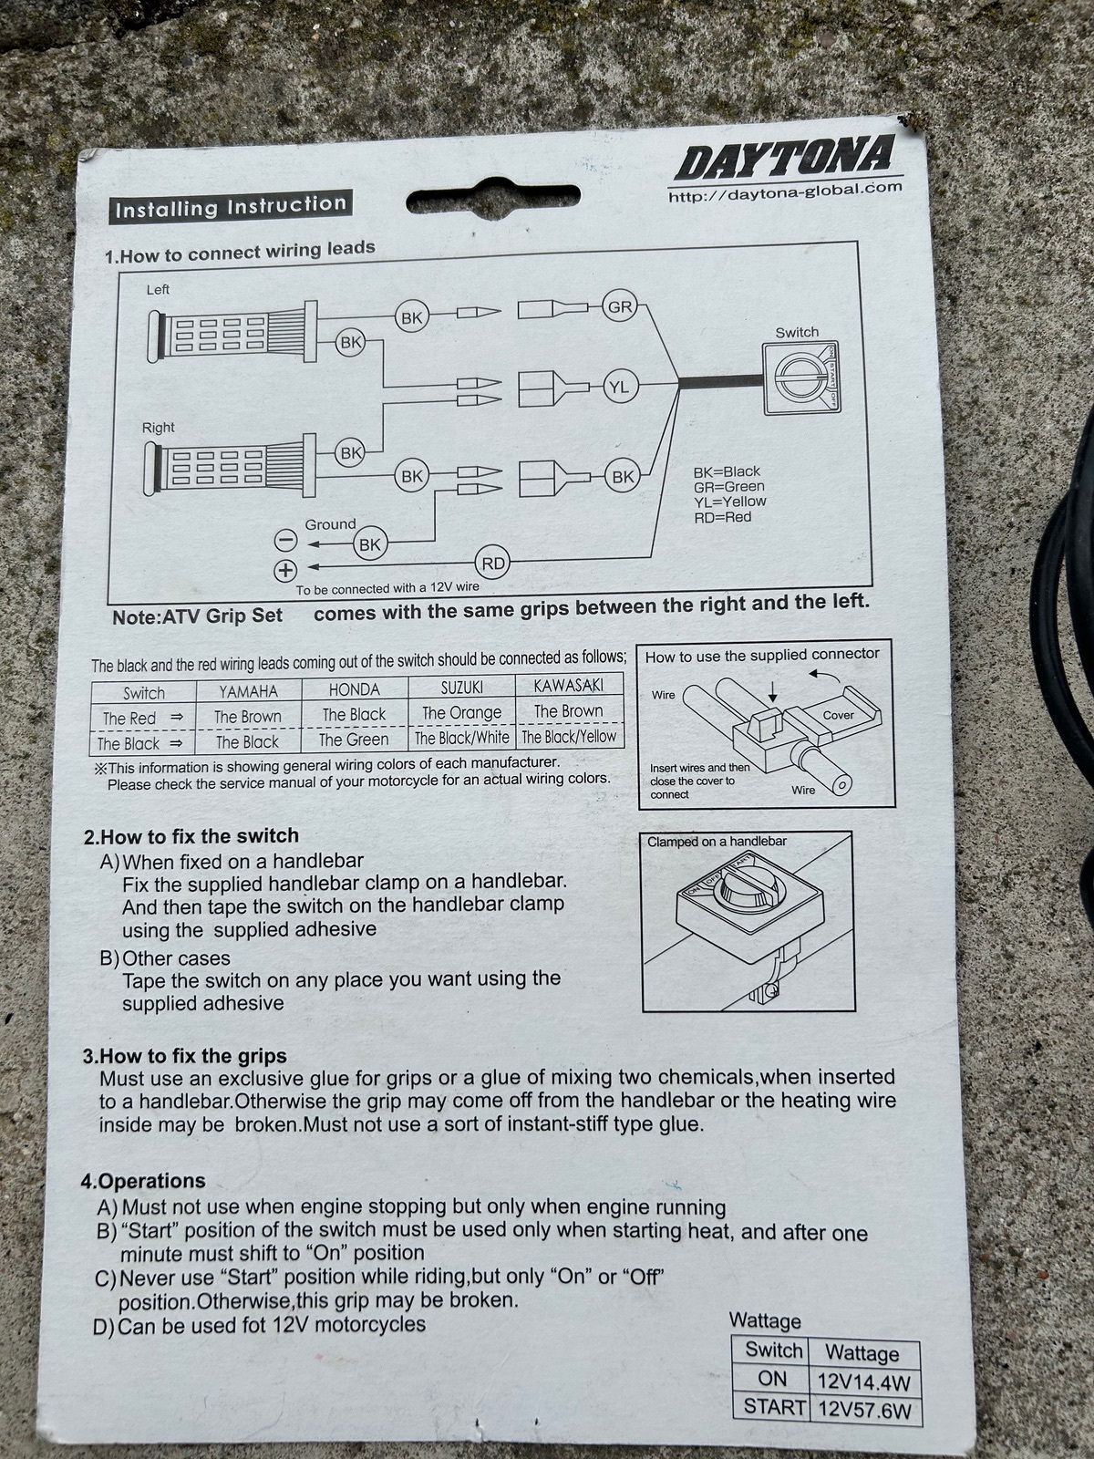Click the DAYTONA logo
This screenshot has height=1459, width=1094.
coord(784,158)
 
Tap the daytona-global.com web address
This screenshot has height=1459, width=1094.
coord(785,192)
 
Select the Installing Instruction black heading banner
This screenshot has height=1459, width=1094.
coord(231,207)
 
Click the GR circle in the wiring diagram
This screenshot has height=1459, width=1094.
coord(619,307)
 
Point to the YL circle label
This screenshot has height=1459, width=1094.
coord(619,387)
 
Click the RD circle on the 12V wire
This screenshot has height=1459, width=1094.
coord(493,564)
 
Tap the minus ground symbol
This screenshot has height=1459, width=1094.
coord(285,541)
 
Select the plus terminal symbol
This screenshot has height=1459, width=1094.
coord(285,570)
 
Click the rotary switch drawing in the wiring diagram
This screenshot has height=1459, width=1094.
coord(801,378)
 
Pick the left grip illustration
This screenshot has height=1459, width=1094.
coord(232,332)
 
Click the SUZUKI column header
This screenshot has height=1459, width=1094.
coord(461,688)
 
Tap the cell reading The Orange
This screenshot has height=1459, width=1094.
coord(461,712)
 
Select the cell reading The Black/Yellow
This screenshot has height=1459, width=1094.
coord(569,736)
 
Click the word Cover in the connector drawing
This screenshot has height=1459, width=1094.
coord(838,715)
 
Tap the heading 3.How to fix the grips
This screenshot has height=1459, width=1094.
coord(184,1056)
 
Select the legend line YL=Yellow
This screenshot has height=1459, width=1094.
coord(729,502)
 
